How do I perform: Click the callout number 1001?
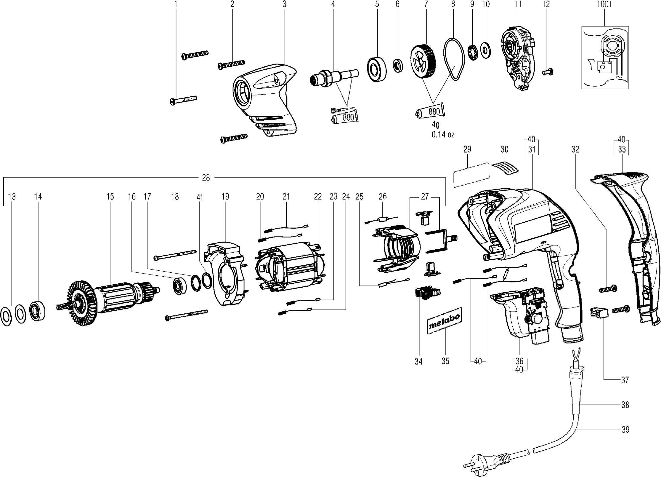point(604,4)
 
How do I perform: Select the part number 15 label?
point(110,197)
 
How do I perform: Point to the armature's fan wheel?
point(82,301)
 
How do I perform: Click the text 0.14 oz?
point(443,135)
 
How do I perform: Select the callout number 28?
point(206,178)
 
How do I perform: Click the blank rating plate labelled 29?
point(471,175)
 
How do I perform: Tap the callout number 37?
point(625,380)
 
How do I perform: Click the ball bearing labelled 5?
point(377,69)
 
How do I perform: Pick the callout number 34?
point(418,361)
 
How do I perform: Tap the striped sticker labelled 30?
point(506,168)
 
